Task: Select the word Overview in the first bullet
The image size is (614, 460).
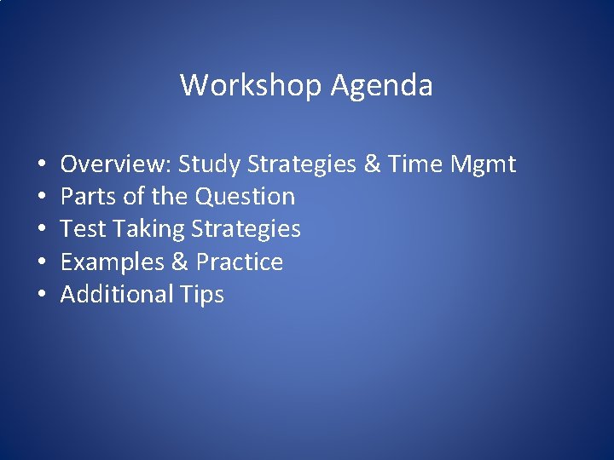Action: point(115,164)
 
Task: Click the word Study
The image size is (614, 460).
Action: point(210,164)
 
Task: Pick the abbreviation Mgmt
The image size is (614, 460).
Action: point(483,164)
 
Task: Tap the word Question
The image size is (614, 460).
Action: point(245,196)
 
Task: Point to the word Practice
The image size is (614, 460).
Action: point(240,262)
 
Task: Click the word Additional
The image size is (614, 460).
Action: point(117,294)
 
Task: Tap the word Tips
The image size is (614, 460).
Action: point(202,295)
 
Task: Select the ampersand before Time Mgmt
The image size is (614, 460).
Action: point(373,164)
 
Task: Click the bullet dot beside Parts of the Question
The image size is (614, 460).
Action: point(41,197)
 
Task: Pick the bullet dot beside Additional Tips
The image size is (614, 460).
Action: point(41,295)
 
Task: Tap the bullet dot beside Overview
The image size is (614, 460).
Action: point(41,164)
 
